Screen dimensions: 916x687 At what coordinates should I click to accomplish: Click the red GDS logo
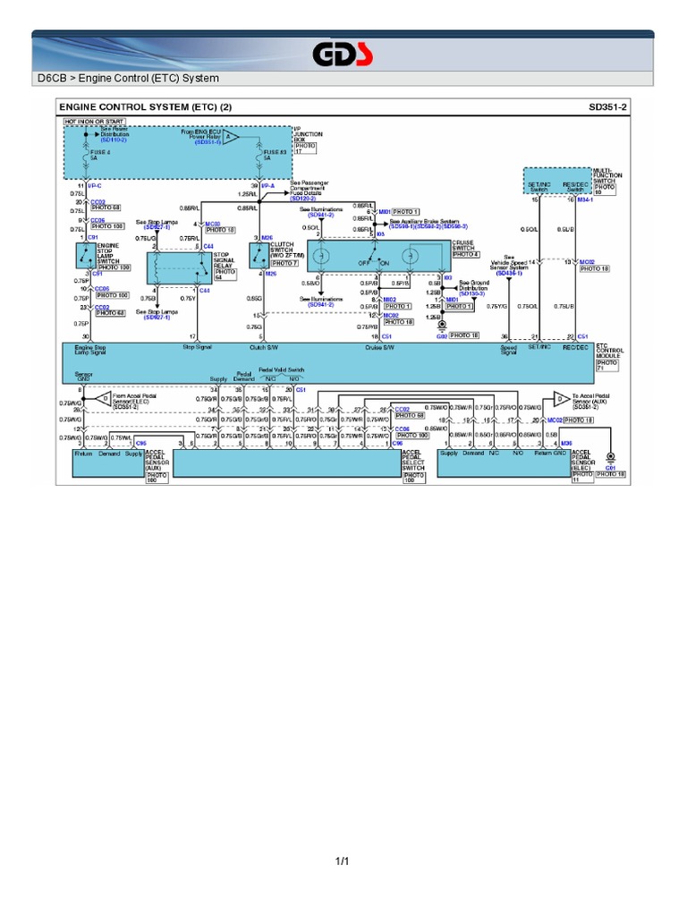coord(343,55)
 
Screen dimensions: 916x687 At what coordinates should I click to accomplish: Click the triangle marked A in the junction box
coord(231,138)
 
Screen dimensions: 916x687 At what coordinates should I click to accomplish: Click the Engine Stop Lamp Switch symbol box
coord(85,256)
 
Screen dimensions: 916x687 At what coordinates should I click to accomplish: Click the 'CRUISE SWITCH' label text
coord(465,244)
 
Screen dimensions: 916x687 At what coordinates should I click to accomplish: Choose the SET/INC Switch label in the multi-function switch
coord(539,188)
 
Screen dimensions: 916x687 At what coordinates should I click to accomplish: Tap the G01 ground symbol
coord(611,458)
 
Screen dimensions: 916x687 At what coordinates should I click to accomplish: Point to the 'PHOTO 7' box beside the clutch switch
coord(284,264)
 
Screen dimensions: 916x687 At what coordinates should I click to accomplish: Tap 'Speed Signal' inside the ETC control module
coord(508,351)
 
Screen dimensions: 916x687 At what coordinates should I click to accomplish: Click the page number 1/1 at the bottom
coord(343,861)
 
